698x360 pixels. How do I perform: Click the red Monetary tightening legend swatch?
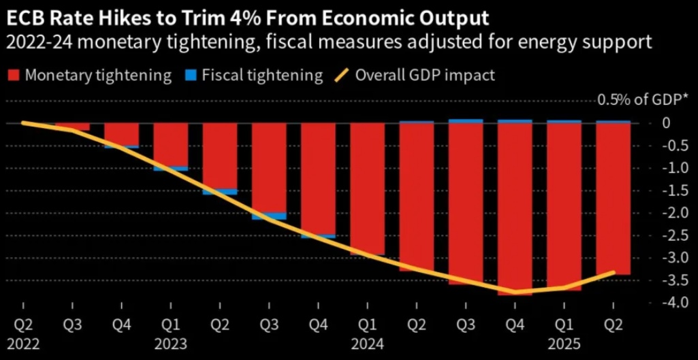(14, 75)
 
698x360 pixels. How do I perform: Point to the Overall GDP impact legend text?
(425, 75)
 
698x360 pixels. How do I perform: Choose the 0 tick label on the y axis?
(667, 123)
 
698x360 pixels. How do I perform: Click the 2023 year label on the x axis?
(170, 344)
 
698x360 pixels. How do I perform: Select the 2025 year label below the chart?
(564, 344)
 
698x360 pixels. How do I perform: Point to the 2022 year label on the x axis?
(23, 344)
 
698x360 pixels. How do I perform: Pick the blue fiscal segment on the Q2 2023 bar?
(219, 192)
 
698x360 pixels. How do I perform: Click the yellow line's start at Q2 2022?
(23, 122)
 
